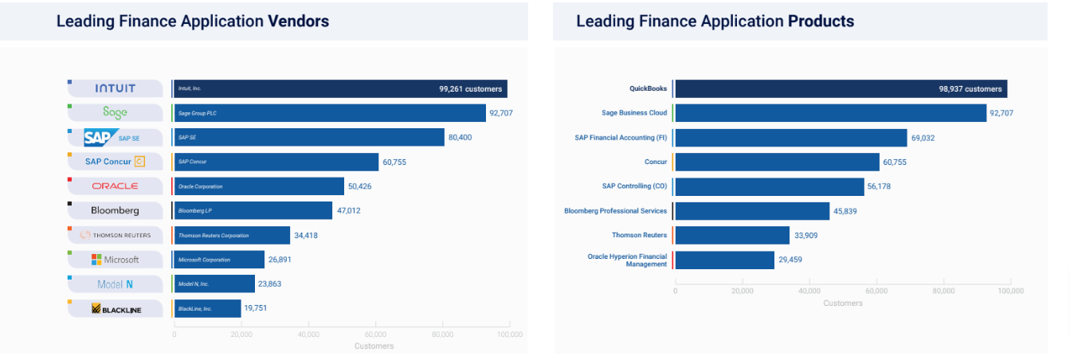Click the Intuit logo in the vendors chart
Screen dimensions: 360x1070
click(x=116, y=88)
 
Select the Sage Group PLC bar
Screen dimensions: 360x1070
click(x=329, y=113)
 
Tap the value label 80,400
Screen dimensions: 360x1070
click(x=461, y=138)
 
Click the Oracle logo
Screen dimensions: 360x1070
click(x=116, y=186)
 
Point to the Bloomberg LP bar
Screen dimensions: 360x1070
click(x=253, y=210)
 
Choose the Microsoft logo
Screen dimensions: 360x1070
click(x=116, y=260)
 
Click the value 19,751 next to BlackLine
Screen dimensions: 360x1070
click(x=257, y=308)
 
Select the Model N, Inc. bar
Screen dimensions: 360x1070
click(x=214, y=284)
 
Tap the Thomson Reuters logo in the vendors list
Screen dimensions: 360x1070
click(x=116, y=235)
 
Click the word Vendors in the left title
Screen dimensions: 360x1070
click(x=298, y=22)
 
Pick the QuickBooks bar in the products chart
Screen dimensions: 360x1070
click(x=841, y=88)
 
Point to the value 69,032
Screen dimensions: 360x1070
click(x=923, y=138)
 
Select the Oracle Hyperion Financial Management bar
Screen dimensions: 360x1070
click(x=724, y=260)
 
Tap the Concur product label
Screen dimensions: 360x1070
click(x=656, y=162)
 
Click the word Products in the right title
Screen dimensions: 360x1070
click(x=821, y=22)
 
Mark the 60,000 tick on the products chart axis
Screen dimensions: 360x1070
click(x=876, y=292)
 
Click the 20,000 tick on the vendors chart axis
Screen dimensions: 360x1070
click(x=241, y=335)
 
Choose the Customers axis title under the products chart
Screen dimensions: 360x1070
click(x=842, y=303)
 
